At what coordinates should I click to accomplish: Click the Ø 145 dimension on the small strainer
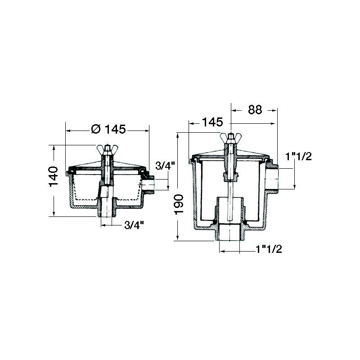pyautogui.click(x=108, y=130)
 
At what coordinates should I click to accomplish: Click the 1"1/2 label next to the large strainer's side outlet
pyautogui.click(x=299, y=156)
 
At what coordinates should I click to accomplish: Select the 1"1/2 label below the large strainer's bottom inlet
pyautogui.click(x=269, y=249)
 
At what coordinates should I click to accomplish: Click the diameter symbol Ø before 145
pyautogui.click(x=95, y=130)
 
